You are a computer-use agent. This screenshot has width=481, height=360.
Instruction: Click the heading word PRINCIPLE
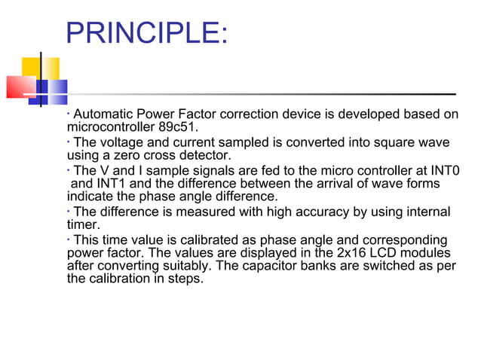(143, 33)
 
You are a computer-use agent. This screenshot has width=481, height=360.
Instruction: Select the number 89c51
(179, 127)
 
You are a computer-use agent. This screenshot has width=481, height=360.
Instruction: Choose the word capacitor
(323, 265)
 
